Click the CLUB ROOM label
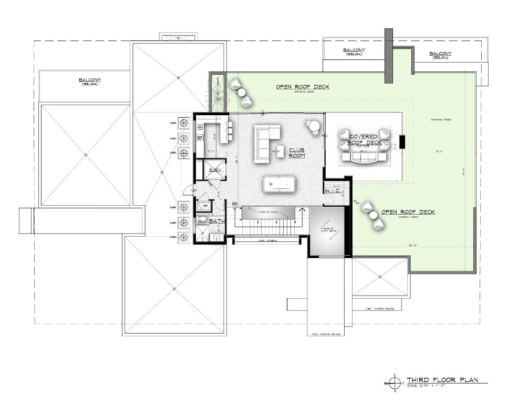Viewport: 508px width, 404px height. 297,153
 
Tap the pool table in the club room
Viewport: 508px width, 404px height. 279,184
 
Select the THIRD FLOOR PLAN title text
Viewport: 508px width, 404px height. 442,380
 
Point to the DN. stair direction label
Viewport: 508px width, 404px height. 235,203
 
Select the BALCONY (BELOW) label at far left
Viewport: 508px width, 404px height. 90,82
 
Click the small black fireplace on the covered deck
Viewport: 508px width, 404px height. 402,142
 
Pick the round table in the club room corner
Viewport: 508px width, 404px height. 314,126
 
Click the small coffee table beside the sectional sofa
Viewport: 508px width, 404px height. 281,149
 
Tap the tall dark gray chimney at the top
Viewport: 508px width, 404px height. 389,55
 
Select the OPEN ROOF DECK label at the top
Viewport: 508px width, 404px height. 303,86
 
